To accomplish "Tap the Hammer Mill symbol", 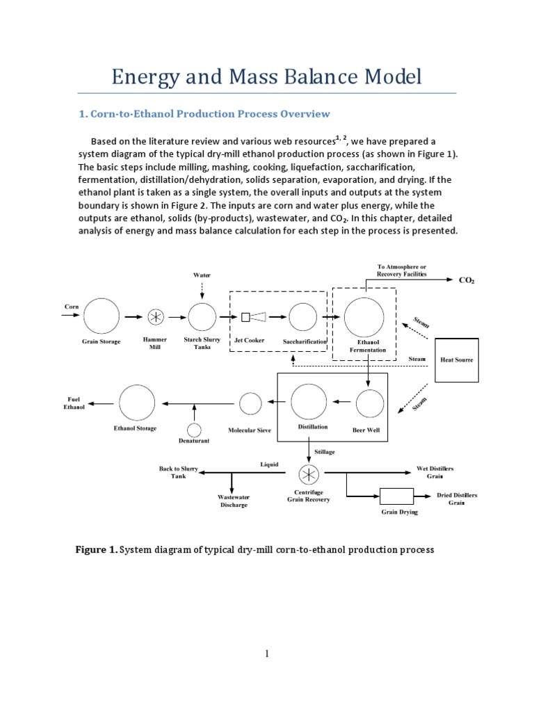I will click(x=156, y=317).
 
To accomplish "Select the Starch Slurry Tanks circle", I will click(x=202, y=317).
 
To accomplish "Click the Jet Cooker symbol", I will click(x=254, y=317).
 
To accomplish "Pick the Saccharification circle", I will click(x=303, y=317).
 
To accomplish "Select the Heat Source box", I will click(x=457, y=359).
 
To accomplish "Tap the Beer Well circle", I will click(x=370, y=403).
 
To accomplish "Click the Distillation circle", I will click(x=309, y=402).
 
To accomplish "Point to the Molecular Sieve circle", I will click(x=250, y=403).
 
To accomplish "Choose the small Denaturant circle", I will click(x=194, y=430).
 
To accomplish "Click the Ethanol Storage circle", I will click(x=137, y=403).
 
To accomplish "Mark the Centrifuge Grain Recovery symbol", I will click(x=308, y=475).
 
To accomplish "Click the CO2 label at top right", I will click(x=467, y=280).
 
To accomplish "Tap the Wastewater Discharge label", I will click(x=234, y=501).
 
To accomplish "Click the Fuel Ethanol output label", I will click(x=74, y=403).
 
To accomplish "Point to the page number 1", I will click(x=267, y=654).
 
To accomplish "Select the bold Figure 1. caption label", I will click(x=96, y=549).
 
